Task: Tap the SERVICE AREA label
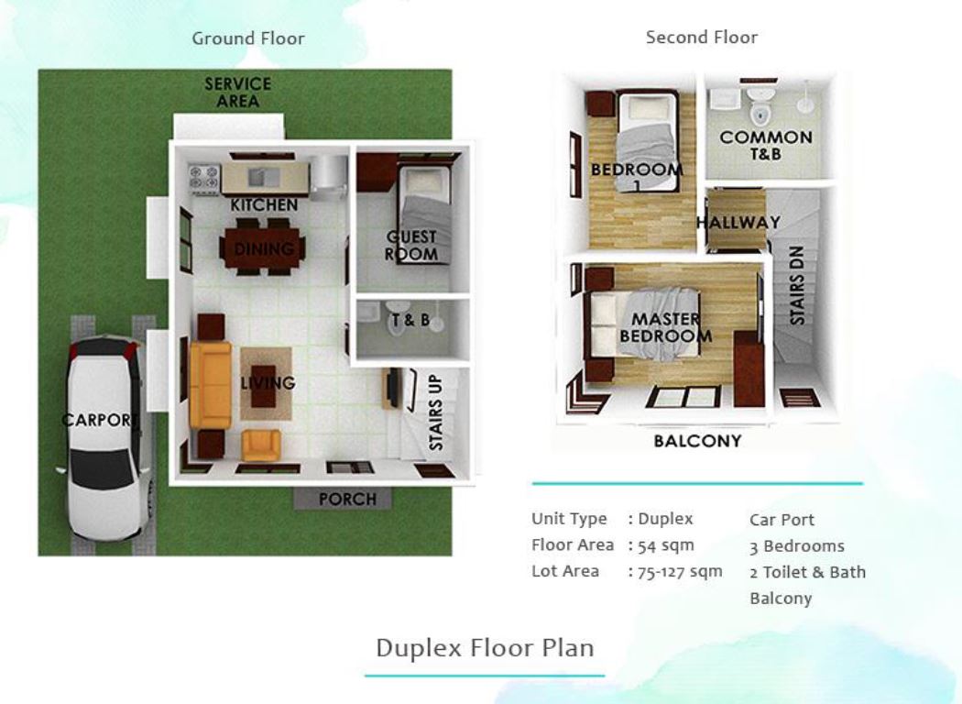coord(237,93)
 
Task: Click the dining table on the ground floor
coord(263,248)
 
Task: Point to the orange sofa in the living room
coord(210,385)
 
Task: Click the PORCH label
coord(346,500)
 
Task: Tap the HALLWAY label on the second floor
coord(738,223)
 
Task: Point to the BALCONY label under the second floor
coord(697,442)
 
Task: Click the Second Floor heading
coord(701,38)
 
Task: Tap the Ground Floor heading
coord(247,38)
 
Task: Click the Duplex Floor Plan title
coord(485,647)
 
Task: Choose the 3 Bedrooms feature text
coord(796,546)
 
